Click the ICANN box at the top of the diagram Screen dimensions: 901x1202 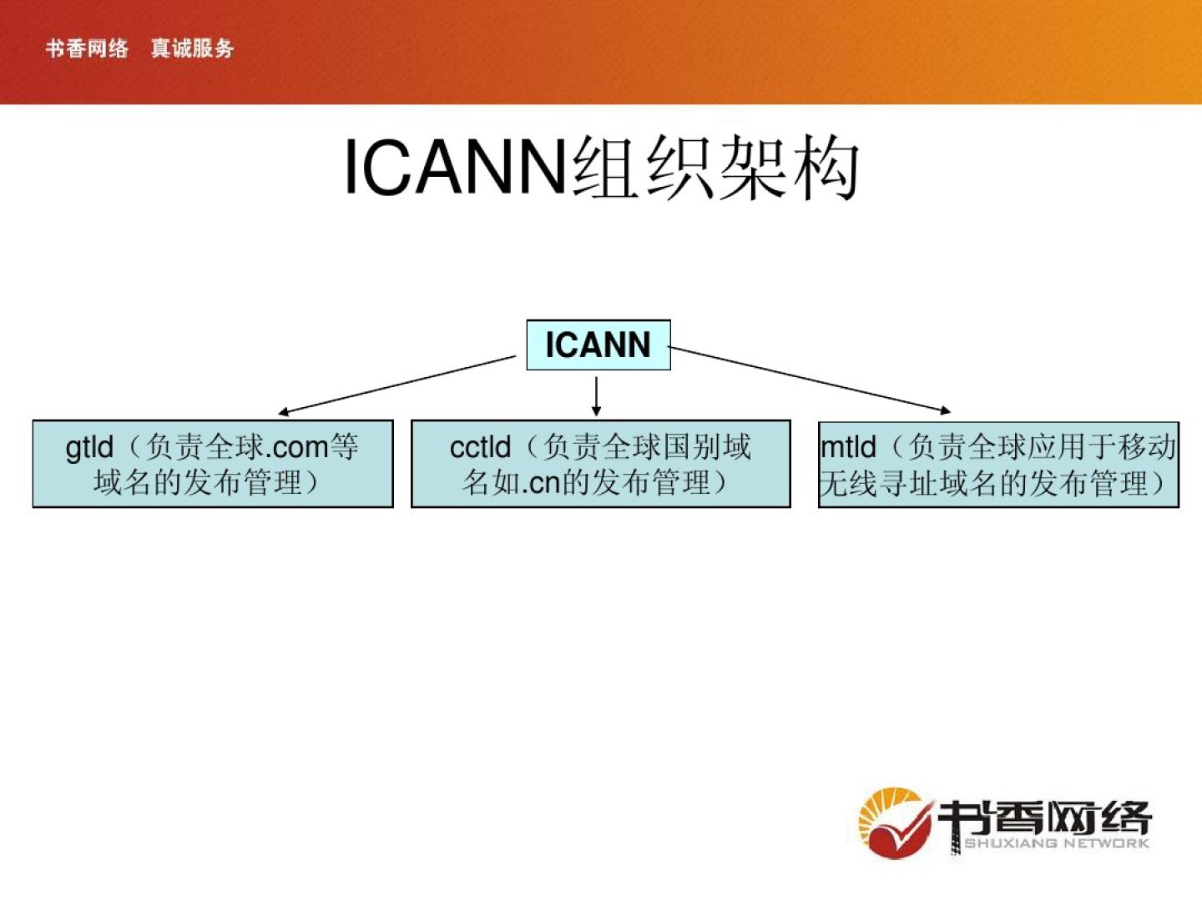598,345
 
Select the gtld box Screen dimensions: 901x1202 213,464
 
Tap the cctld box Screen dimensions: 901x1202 600,464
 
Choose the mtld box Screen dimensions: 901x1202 998,465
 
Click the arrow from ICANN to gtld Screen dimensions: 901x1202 397,385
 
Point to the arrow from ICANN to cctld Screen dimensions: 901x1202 596,395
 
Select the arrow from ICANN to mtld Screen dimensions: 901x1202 810,380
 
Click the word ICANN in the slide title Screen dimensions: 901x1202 456,168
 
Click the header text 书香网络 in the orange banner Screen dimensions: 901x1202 87,48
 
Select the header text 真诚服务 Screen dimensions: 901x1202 192,48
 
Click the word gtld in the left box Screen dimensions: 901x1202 89,448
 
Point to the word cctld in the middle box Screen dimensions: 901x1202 480,448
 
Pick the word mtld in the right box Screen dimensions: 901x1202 848,448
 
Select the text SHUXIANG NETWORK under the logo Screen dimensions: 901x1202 1056,843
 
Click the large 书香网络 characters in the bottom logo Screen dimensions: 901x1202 1043,817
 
